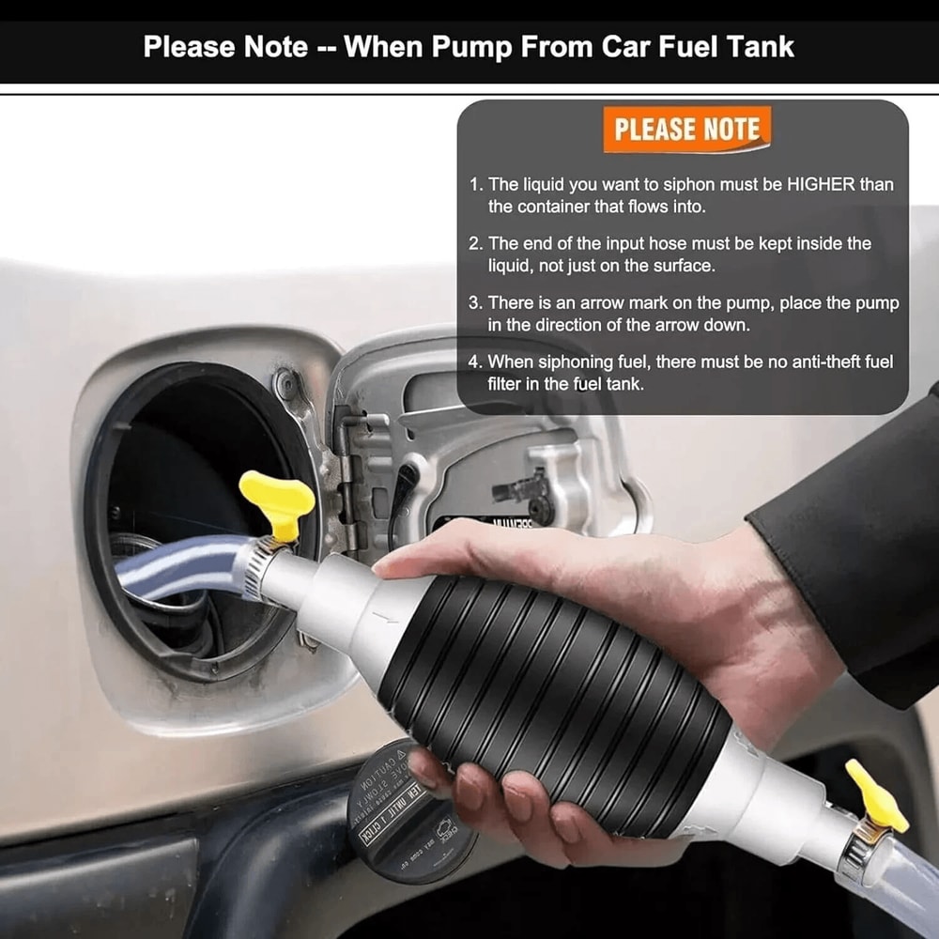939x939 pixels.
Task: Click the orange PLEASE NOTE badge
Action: [686, 130]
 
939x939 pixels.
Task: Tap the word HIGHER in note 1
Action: [789, 185]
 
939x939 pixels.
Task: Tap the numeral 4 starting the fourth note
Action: [475, 362]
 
